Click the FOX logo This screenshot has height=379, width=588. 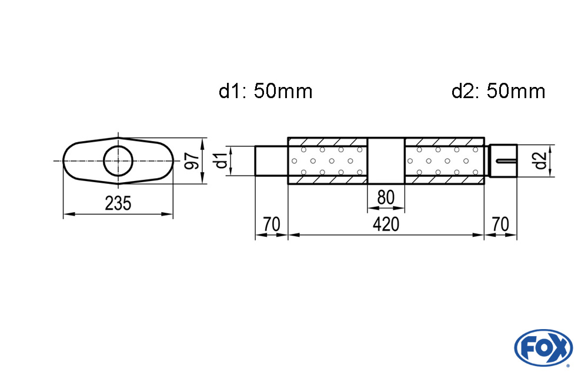[543, 347]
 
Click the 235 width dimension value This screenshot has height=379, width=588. [118, 203]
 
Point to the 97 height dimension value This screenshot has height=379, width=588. [190, 161]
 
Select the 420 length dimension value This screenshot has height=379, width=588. [386, 224]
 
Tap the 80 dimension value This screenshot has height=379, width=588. [386, 197]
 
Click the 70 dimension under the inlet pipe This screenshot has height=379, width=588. [271, 224]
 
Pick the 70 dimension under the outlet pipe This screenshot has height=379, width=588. [500, 224]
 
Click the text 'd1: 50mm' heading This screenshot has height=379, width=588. [265, 92]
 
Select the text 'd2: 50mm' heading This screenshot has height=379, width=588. [498, 92]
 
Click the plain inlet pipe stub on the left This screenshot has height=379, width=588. [271, 160]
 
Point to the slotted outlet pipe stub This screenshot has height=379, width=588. [503, 160]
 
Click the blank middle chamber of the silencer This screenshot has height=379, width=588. [386, 160]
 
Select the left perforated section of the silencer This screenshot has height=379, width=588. [328, 160]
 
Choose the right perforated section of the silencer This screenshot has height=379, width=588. [444, 160]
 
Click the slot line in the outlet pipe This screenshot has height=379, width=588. [506, 160]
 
